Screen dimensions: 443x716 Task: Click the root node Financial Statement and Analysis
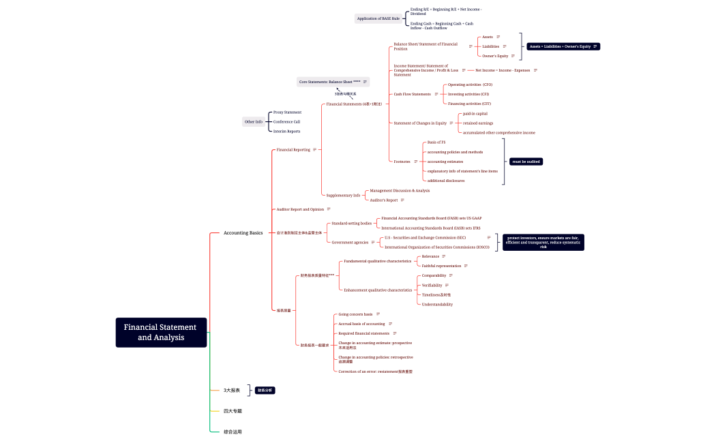pyautogui.click(x=161, y=332)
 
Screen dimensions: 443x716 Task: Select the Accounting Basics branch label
pyautogui.click(x=243, y=232)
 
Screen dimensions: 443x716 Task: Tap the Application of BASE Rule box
pyautogui.click(x=378, y=18)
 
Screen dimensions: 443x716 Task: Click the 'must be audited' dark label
pyautogui.click(x=526, y=162)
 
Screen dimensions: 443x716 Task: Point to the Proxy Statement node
pyautogui.click(x=287, y=112)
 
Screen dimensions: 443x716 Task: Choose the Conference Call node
pyautogui.click(x=286, y=121)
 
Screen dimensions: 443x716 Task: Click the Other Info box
pyautogui.click(x=253, y=121)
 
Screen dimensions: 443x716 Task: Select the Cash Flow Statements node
pyautogui.click(x=412, y=94)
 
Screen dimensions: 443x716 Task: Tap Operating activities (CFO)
pyautogui.click(x=469, y=85)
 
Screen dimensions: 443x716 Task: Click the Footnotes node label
pyautogui.click(x=402, y=162)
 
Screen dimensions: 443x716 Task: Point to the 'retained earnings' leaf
pyautogui.click(x=478, y=123)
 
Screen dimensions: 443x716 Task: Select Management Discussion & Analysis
pyautogui.click(x=400, y=190)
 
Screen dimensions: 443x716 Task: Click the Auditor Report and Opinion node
pyautogui.click(x=299, y=209)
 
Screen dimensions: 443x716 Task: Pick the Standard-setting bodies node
pyautogui.click(x=351, y=223)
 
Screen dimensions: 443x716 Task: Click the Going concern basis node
pyautogui.click(x=355, y=314)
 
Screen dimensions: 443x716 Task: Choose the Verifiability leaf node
pyautogui.click(x=432, y=285)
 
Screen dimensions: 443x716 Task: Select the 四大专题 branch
pyautogui.click(x=233, y=411)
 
